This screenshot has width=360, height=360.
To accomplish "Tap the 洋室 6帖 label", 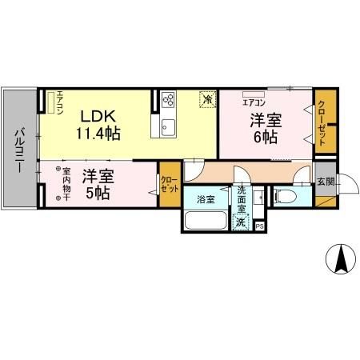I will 266,129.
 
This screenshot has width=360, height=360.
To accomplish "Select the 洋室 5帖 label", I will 95,183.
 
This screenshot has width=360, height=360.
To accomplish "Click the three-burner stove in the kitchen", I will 169,101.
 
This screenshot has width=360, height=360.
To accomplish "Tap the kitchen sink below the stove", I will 169,127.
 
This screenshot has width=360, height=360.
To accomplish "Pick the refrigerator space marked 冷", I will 207,100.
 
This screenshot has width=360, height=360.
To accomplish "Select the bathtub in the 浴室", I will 206,220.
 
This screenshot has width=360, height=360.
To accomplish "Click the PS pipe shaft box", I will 260,226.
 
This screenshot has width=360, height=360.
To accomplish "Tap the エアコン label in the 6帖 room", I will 254,103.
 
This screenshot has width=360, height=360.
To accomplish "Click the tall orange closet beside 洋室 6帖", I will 322,120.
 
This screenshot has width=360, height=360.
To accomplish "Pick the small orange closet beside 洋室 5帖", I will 169,185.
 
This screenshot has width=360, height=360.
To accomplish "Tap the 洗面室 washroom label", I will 242,198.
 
